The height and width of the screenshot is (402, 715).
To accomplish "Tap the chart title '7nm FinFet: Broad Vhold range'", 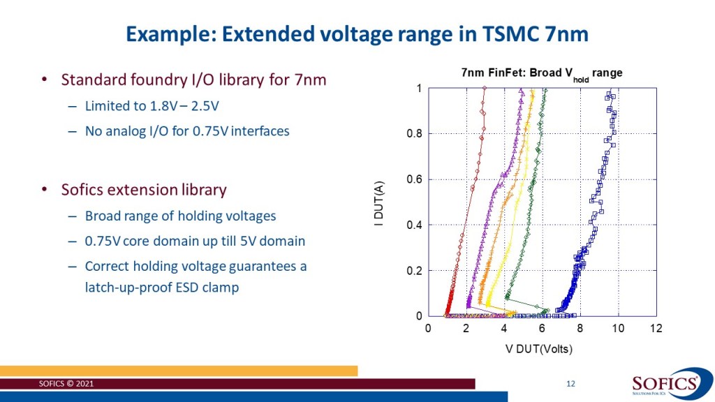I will click(540, 73).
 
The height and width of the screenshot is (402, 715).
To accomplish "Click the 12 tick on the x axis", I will click(655, 329).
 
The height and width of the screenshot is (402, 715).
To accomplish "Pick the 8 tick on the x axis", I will click(580, 329).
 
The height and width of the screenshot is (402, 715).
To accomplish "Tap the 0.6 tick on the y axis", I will click(413, 179).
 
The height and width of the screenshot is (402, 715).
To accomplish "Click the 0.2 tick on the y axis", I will click(413, 271).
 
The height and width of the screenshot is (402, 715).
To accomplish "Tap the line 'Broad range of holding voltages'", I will click(180, 216).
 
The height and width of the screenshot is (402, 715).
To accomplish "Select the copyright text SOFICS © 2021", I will click(65, 385).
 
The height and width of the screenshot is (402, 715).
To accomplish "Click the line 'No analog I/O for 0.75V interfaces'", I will click(186, 130).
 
